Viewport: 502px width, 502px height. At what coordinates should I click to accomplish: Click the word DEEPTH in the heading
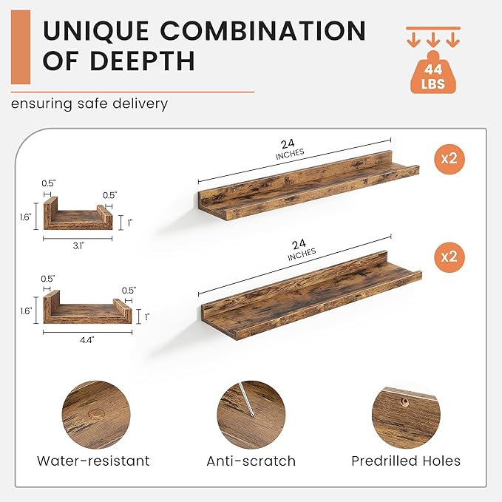click(x=143, y=60)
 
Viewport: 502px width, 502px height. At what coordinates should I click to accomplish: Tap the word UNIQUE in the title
click(x=95, y=31)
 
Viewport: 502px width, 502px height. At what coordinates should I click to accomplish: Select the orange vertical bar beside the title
click(x=21, y=47)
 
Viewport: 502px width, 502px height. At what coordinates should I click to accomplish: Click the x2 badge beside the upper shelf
click(x=450, y=159)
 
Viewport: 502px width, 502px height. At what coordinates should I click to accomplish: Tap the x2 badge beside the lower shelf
click(x=450, y=257)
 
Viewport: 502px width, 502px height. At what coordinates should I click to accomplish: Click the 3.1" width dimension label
click(x=78, y=245)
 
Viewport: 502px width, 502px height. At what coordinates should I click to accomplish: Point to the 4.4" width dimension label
click(x=87, y=339)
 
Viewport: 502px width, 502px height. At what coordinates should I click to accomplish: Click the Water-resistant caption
click(x=93, y=461)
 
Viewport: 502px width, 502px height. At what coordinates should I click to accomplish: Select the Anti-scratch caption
click(x=251, y=461)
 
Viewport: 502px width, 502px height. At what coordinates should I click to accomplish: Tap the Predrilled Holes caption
click(x=406, y=461)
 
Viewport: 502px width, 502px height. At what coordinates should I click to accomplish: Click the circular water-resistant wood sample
click(x=96, y=415)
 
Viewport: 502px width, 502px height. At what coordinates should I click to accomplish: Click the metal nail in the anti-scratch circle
click(x=246, y=399)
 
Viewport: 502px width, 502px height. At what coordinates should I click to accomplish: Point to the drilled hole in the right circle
click(x=406, y=401)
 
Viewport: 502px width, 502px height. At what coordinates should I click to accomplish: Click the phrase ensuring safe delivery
click(x=89, y=104)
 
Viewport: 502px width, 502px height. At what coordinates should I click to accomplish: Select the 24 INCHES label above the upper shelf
click(x=289, y=149)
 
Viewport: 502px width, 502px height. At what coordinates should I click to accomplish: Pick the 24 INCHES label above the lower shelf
click(x=301, y=249)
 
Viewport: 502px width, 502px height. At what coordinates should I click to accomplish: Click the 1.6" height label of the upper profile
click(x=26, y=217)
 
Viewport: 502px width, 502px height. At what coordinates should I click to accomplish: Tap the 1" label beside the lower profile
click(x=147, y=317)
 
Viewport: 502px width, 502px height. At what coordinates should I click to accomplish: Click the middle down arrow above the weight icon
click(x=433, y=39)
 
